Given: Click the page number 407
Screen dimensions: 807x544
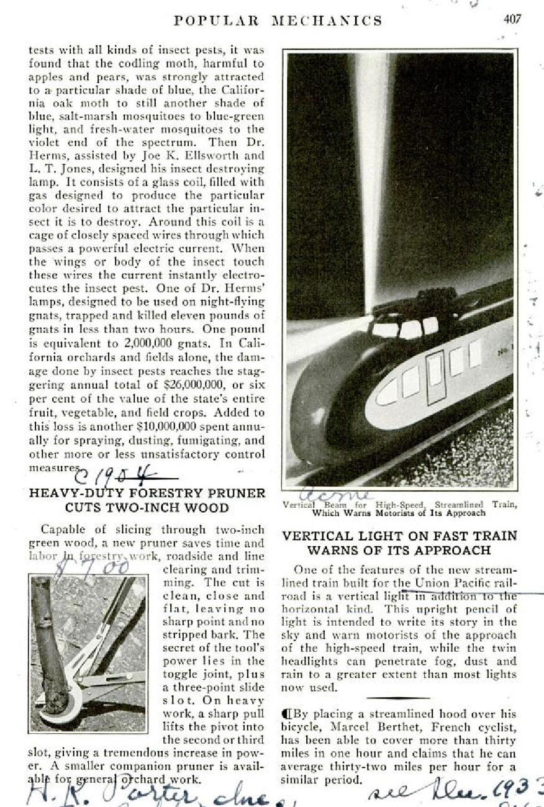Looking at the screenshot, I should pos(512,19).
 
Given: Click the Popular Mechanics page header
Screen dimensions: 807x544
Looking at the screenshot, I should pos(278,20).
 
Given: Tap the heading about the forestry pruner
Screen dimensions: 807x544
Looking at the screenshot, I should pos(148,500).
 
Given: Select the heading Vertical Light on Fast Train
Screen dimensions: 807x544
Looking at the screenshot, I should pos(399,543).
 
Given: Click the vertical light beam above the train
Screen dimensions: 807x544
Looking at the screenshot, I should pos(373,174).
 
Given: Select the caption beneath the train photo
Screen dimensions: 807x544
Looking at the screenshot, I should pos(399,509).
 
